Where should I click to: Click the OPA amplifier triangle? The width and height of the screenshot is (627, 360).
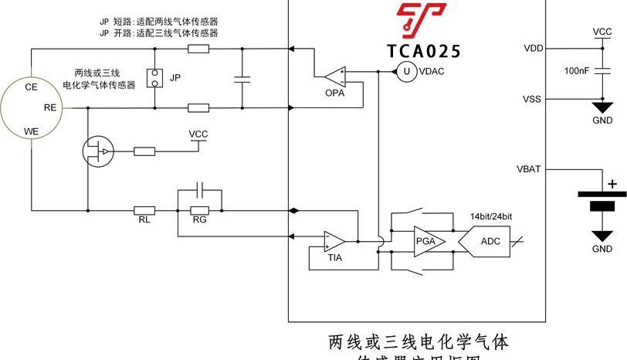(x=335, y=76)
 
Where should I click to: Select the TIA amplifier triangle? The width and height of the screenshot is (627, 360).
(x=334, y=241)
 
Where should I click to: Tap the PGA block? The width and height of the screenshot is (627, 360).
(x=425, y=241)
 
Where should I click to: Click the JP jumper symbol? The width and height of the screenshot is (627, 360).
(x=155, y=78)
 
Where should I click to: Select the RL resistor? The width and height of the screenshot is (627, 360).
(x=144, y=209)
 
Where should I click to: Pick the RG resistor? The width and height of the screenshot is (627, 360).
(x=200, y=209)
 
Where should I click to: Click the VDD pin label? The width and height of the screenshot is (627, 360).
(x=533, y=48)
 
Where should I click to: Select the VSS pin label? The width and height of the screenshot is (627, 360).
(x=532, y=100)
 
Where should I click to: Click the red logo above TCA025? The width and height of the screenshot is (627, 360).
(x=421, y=20)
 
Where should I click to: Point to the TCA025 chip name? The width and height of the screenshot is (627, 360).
(x=424, y=51)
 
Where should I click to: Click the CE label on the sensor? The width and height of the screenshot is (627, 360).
(x=32, y=87)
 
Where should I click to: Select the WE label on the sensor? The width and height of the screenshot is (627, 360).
(x=32, y=131)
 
